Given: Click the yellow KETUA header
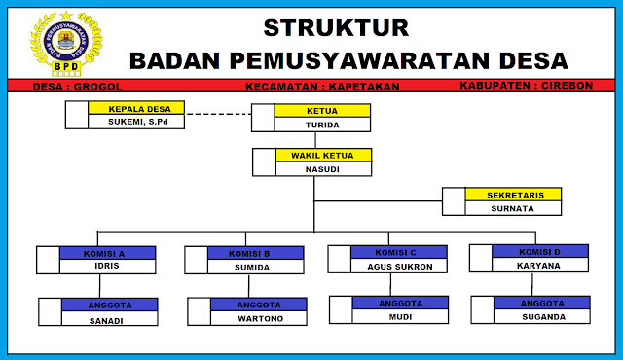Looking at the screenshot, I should [x=322, y=111].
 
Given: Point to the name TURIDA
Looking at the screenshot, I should [x=322, y=125].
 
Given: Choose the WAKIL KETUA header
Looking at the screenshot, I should [x=322, y=155].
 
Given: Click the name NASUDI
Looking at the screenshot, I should [x=322, y=168].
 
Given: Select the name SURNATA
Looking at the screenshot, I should [x=512, y=208].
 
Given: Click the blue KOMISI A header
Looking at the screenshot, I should [x=108, y=253].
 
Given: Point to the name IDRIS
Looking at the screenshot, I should [x=108, y=267].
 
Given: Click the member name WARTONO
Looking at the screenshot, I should [x=258, y=318].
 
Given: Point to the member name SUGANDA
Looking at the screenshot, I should [x=542, y=316].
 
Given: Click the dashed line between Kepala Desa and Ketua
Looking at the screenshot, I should [x=218, y=115].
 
